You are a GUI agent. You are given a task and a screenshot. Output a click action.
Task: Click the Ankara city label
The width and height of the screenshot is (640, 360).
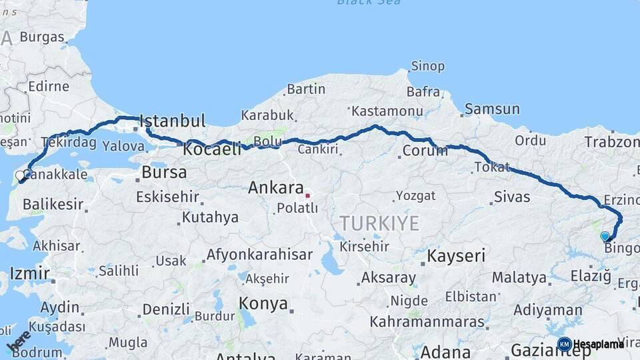point(275,188)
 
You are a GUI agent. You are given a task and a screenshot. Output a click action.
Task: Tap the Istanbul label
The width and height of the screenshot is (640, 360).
point(171,121)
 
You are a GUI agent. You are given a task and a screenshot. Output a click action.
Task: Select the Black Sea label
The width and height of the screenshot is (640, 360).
point(369,3)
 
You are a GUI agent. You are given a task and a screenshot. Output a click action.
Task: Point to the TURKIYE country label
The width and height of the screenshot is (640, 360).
point(379,223)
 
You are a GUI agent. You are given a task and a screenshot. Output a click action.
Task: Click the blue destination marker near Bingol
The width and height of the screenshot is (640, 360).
point(605,236)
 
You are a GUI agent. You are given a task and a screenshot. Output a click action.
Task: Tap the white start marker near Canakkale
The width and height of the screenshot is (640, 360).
point(20,176)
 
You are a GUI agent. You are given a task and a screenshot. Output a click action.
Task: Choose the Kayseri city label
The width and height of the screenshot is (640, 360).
point(455,256)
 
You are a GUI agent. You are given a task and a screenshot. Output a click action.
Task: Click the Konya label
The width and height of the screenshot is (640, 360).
point(263,305)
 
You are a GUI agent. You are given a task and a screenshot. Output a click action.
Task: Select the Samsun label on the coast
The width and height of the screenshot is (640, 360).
point(492,109)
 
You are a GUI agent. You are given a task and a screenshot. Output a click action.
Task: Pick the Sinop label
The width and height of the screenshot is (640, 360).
point(427,66)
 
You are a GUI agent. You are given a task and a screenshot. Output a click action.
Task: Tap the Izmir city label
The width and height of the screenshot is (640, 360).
point(29,273)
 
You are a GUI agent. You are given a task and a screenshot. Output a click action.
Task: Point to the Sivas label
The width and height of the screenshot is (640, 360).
point(512,197)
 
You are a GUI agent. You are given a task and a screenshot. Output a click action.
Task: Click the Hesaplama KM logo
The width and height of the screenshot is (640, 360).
point(590,344)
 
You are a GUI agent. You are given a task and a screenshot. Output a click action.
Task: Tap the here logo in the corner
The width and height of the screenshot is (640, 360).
point(18,343)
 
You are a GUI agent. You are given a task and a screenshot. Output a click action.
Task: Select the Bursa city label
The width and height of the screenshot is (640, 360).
point(164,173)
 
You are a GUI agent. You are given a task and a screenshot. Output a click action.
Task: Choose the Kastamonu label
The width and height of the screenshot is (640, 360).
point(387,111)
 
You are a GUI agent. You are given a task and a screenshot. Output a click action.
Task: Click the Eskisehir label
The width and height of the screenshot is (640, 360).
point(167,197)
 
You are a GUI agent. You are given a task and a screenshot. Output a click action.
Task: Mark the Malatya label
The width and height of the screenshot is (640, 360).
point(519,277)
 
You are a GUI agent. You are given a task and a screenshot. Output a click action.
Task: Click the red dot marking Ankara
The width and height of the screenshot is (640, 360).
point(307,195)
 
